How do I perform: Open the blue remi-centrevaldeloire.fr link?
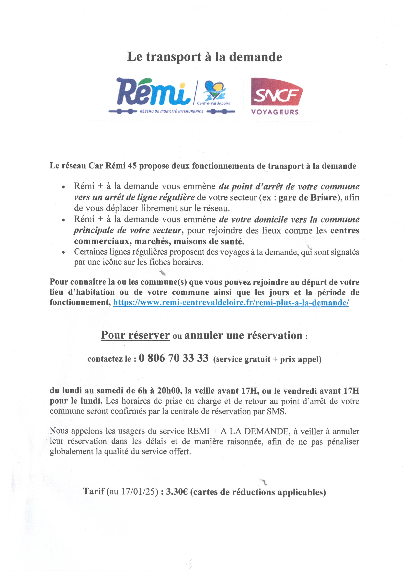(231, 302)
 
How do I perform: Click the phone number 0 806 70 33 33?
(174, 358)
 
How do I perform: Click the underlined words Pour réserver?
(135, 335)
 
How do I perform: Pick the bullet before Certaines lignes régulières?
(64, 252)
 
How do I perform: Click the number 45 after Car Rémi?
(133, 166)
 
